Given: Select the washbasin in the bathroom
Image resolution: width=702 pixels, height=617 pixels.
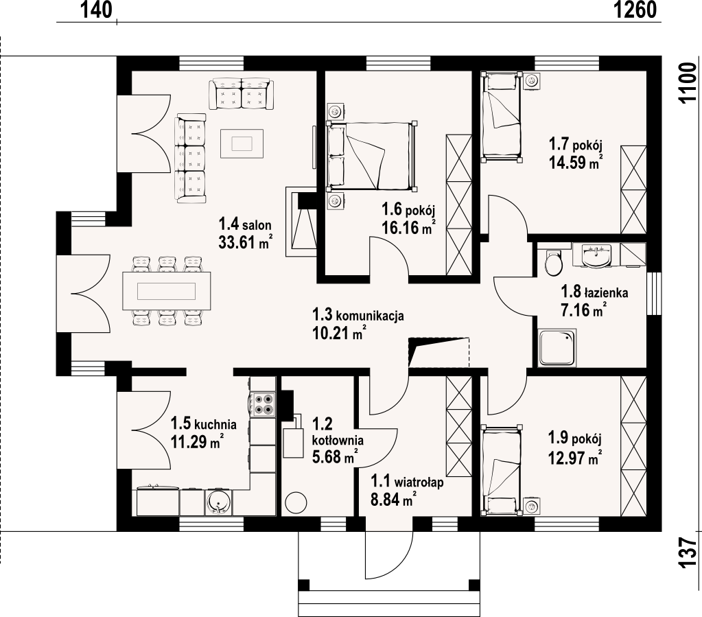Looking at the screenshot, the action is [596, 256].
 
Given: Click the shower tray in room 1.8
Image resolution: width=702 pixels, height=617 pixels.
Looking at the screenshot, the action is [557, 348].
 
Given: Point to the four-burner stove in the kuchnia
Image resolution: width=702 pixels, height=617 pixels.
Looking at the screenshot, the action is [263, 404].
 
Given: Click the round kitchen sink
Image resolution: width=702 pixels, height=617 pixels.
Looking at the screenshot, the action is [219, 502].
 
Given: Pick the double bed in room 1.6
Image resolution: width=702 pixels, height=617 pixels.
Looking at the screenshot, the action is [372, 155].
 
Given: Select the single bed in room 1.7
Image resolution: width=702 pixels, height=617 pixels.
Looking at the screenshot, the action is [502, 117].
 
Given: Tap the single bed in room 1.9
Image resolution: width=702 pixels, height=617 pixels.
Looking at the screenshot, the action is [502, 469].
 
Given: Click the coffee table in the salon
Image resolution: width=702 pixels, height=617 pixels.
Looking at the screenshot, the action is [242, 143].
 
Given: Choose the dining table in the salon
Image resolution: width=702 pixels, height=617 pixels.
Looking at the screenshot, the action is [167, 290].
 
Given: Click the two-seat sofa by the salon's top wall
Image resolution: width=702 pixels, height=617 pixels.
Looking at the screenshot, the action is [242, 93].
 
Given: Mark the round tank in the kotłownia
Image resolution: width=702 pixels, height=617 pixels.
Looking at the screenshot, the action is [296, 502].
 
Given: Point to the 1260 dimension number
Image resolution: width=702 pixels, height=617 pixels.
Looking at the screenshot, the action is [634, 10].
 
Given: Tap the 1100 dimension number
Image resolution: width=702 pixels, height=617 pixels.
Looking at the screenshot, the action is [687, 83].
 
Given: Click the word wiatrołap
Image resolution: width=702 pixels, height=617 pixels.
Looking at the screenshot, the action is [419, 482].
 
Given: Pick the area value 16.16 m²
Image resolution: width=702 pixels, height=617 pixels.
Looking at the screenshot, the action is [408, 227].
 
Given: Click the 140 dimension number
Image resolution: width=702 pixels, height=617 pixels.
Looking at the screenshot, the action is [96, 10].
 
